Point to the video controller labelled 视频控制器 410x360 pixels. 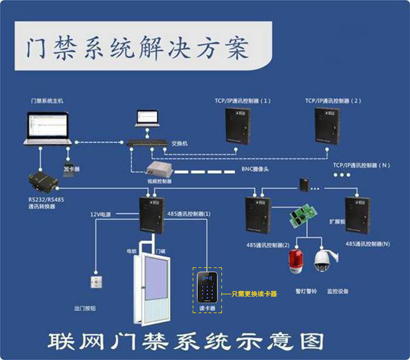pos(159,169)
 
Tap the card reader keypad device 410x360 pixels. pos(207,287)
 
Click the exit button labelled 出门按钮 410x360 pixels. pos(96,282)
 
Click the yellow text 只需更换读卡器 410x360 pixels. pos(253,294)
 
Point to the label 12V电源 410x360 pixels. pos(100,214)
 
